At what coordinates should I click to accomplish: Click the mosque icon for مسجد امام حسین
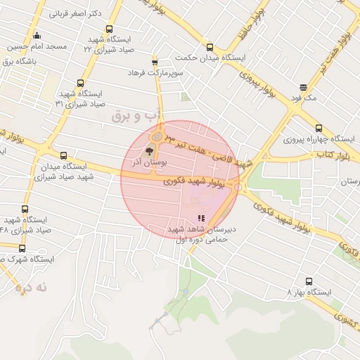[x=37, y=36]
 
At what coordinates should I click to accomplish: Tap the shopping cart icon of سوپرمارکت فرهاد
[x=155, y=62]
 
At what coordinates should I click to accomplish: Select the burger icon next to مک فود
[x=303, y=88]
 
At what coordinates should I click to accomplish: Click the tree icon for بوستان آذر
[x=148, y=150]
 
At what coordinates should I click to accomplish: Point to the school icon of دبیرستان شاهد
[x=202, y=219]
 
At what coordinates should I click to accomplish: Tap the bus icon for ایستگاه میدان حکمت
[x=210, y=48]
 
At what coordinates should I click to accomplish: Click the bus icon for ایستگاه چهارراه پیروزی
[x=319, y=128]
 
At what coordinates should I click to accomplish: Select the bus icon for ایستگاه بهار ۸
[x=289, y=291]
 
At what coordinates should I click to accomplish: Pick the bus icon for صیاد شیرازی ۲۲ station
[x=109, y=29]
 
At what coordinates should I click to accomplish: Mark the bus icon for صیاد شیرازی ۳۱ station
[x=81, y=83]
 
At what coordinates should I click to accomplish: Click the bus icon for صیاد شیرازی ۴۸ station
[x=25, y=210]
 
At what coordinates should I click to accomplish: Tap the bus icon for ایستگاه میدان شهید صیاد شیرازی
[x=64, y=156]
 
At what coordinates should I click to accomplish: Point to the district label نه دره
[x=34, y=287]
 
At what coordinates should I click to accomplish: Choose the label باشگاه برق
[x=22, y=60]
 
